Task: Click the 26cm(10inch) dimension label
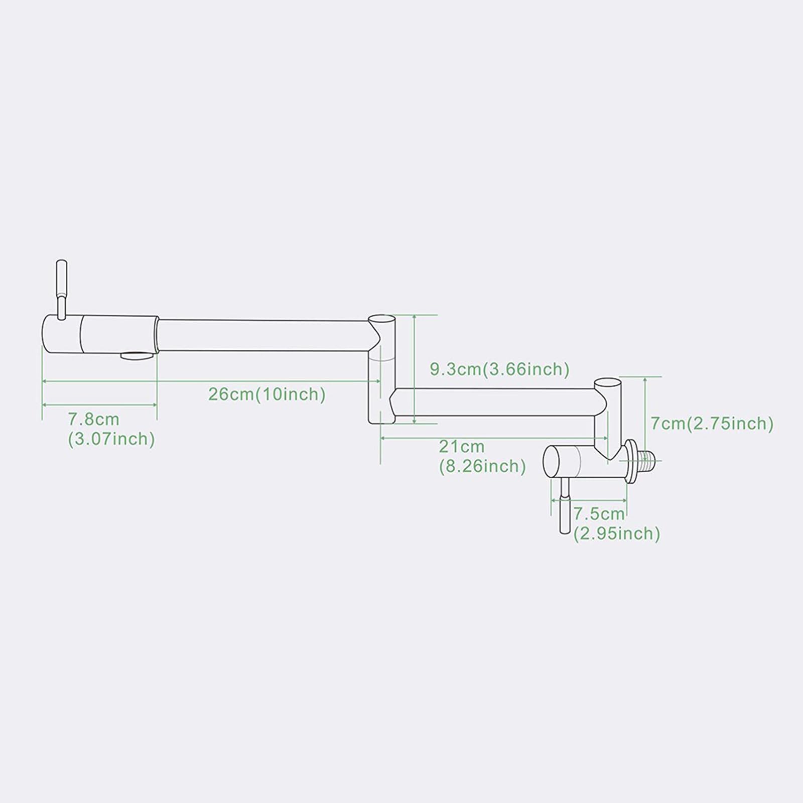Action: click(267, 394)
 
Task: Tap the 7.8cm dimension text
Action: click(94, 419)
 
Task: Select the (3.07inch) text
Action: click(111, 439)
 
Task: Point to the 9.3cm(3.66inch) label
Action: click(499, 369)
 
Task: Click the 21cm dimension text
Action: click(462, 446)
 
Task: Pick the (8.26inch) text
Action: click(482, 466)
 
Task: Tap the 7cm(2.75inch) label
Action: click(712, 424)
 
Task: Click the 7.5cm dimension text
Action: click(599, 513)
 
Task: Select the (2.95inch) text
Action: click(617, 533)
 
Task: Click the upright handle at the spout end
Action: click(61, 289)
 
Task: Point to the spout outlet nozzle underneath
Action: click(137, 356)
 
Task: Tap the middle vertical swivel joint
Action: click(381, 369)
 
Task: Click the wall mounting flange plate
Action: click(630, 461)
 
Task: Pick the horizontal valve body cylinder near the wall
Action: click(585, 461)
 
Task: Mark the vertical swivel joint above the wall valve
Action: click(608, 417)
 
